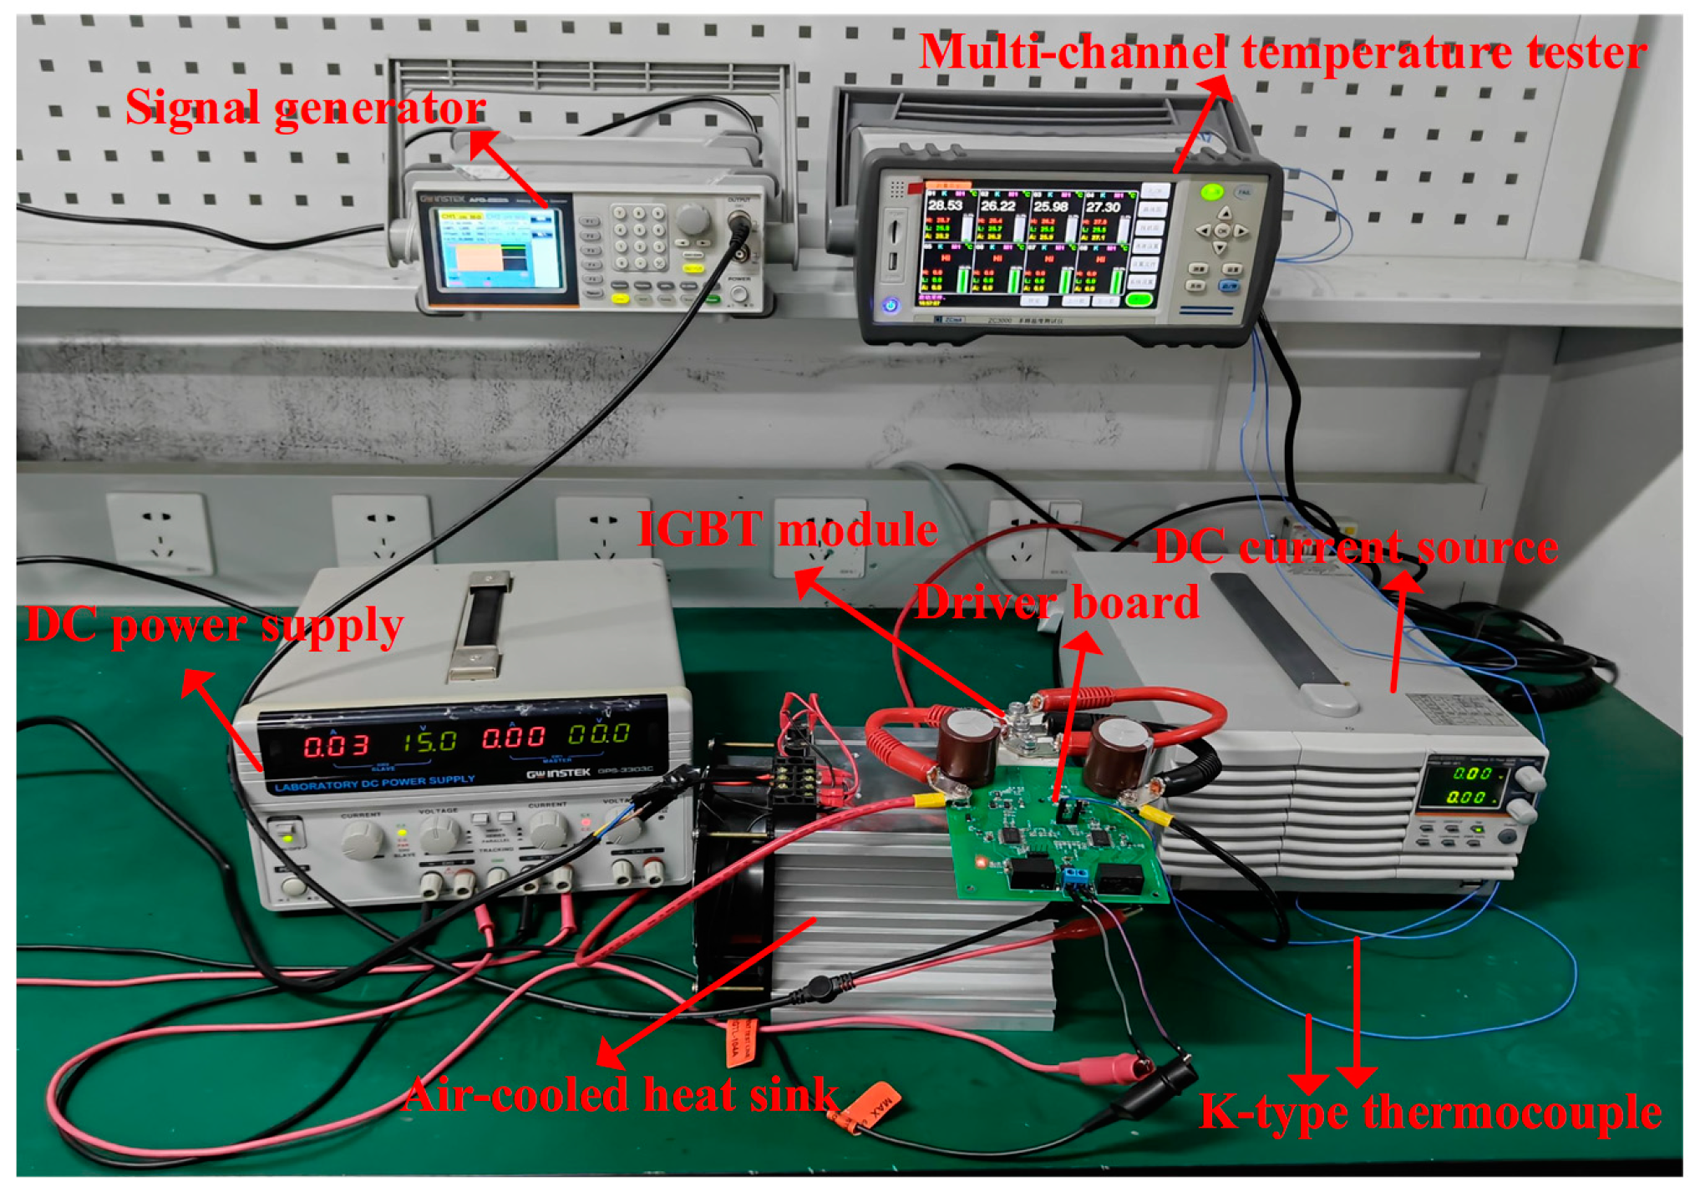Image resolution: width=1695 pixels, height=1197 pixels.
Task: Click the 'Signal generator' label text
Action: (x=305, y=109)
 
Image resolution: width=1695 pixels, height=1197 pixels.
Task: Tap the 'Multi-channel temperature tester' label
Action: (x=1281, y=53)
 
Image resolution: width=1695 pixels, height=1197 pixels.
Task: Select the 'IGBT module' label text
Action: (x=787, y=530)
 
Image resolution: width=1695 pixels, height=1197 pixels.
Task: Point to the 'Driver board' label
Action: (x=1057, y=602)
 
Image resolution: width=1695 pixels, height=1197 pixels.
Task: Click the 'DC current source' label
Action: (x=1355, y=548)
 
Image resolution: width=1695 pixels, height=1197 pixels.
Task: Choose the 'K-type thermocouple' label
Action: (x=1429, y=1112)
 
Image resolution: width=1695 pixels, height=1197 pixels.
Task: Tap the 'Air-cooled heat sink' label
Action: (x=621, y=1094)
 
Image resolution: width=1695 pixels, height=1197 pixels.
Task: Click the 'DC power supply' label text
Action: (x=215, y=626)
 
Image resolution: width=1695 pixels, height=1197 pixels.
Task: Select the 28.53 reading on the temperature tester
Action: (x=944, y=205)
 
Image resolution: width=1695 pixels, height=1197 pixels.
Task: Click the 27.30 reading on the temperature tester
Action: (x=1102, y=206)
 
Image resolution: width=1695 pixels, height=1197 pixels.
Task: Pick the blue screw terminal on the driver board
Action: (x=1075, y=877)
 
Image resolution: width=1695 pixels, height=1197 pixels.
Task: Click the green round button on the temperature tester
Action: (x=1210, y=192)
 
